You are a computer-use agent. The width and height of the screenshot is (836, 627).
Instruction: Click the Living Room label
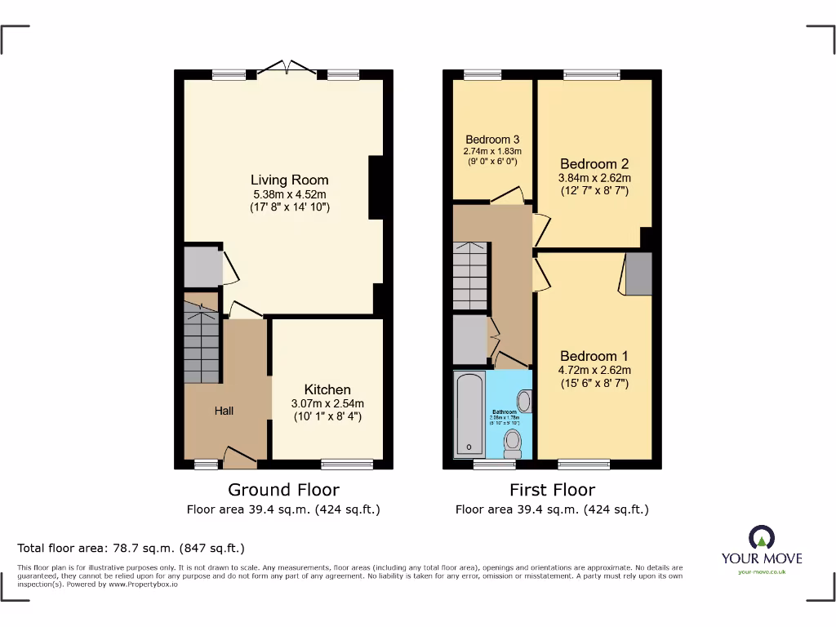pyautogui.click(x=289, y=180)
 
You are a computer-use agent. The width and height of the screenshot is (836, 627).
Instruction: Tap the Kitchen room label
pyautogui.click(x=327, y=389)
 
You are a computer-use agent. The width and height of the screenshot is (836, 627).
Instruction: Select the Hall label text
pyautogui.click(x=224, y=411)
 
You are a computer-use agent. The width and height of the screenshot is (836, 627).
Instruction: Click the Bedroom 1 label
pyautogui.click(x=594, y=356)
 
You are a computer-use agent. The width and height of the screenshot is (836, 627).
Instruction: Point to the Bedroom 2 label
pyautogui.click(x=594, y=164)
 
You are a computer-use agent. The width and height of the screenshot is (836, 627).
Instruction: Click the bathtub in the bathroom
pyautogui.click(x=469, y=415)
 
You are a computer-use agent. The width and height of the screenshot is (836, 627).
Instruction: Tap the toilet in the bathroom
pyautogui.click(x=513, y=442)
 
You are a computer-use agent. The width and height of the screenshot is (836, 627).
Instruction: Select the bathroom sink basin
pyautogui.click(x=523, y=400)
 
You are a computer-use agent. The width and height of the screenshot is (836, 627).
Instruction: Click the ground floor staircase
pyautogui.click(x=202, y=343)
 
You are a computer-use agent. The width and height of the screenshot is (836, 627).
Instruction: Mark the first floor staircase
pyautogui.click(x=471, y=276)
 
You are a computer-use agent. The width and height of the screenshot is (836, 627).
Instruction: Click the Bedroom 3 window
pyautogui.click(x=482, y=75)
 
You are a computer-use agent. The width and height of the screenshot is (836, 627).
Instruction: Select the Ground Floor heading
pyautogui.click(x=283, y=490)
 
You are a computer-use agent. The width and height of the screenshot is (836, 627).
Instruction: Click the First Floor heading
pyautogui.click(x=552, y=490)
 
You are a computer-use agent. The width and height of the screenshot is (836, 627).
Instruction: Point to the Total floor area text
pyautogui.click(x=131, y=549)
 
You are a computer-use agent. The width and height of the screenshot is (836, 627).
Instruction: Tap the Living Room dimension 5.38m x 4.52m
pyautogui.click(x=289, y=194)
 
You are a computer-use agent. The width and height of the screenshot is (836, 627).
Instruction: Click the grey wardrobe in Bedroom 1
pyautogui.click(x=638, y=273)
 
